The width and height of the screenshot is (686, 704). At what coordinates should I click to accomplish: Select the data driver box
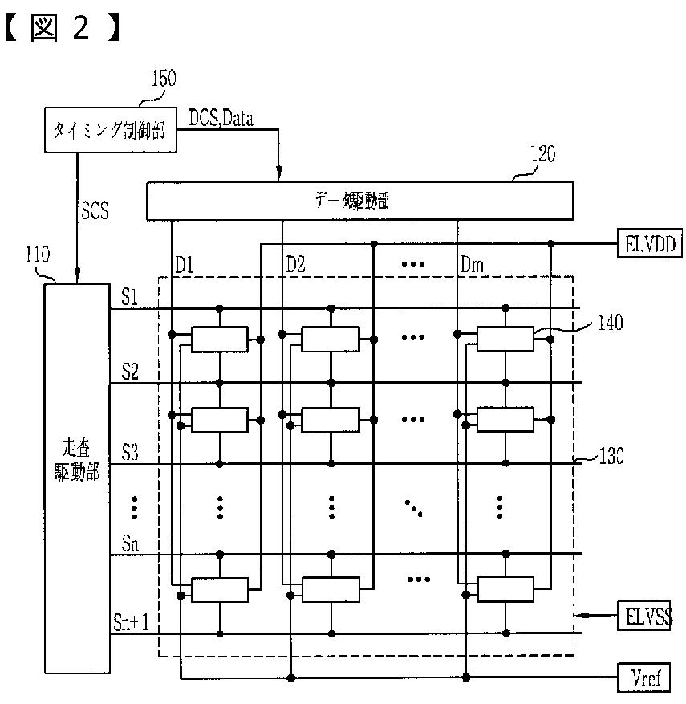click(x=359, y=200)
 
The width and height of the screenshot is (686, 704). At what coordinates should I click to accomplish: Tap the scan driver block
click(x=77, y=477)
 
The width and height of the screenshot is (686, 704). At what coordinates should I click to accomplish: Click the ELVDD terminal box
click(x=648, y=242)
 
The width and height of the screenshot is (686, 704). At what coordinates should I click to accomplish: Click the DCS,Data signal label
click(x=221, y=119)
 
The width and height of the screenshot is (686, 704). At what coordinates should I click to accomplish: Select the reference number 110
click(x=35, y=256)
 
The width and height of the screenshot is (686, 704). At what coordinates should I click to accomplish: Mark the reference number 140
click(x=609, y=323)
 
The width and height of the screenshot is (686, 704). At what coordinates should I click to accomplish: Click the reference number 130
click(x=611, y=457)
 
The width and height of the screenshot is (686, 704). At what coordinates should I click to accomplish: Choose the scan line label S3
click(x=130, y=453)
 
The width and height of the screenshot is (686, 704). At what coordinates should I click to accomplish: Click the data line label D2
click(x=296, y=264)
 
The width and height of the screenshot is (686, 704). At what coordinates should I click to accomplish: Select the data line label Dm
click(x=473, y=264)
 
